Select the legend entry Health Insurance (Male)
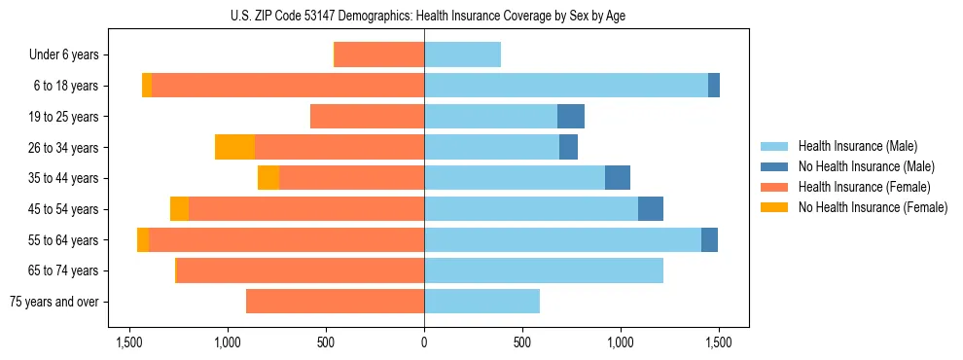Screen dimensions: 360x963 click(x=857, y=146)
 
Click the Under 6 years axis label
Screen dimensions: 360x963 click(x=63, y=54)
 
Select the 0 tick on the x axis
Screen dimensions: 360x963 click(x=424, y=342)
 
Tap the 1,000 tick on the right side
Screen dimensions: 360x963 click(x=621, y=342)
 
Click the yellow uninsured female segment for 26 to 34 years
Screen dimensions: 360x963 click(x=234, y=147)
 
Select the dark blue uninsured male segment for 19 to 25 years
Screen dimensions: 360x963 click(x=571, y=117)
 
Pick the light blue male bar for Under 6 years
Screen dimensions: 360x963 click(x=462, y=54)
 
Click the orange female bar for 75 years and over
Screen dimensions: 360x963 click(x=335, y=302)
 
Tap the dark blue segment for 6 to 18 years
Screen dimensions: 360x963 click(x=714, y=86)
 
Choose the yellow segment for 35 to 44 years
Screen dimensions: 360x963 click(x=268, y=178)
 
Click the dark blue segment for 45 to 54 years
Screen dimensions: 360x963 click(x=651, y=209)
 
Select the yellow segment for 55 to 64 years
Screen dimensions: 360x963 click(x=143, y=240)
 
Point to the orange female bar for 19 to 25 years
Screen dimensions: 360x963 click(x=367, y=117)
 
